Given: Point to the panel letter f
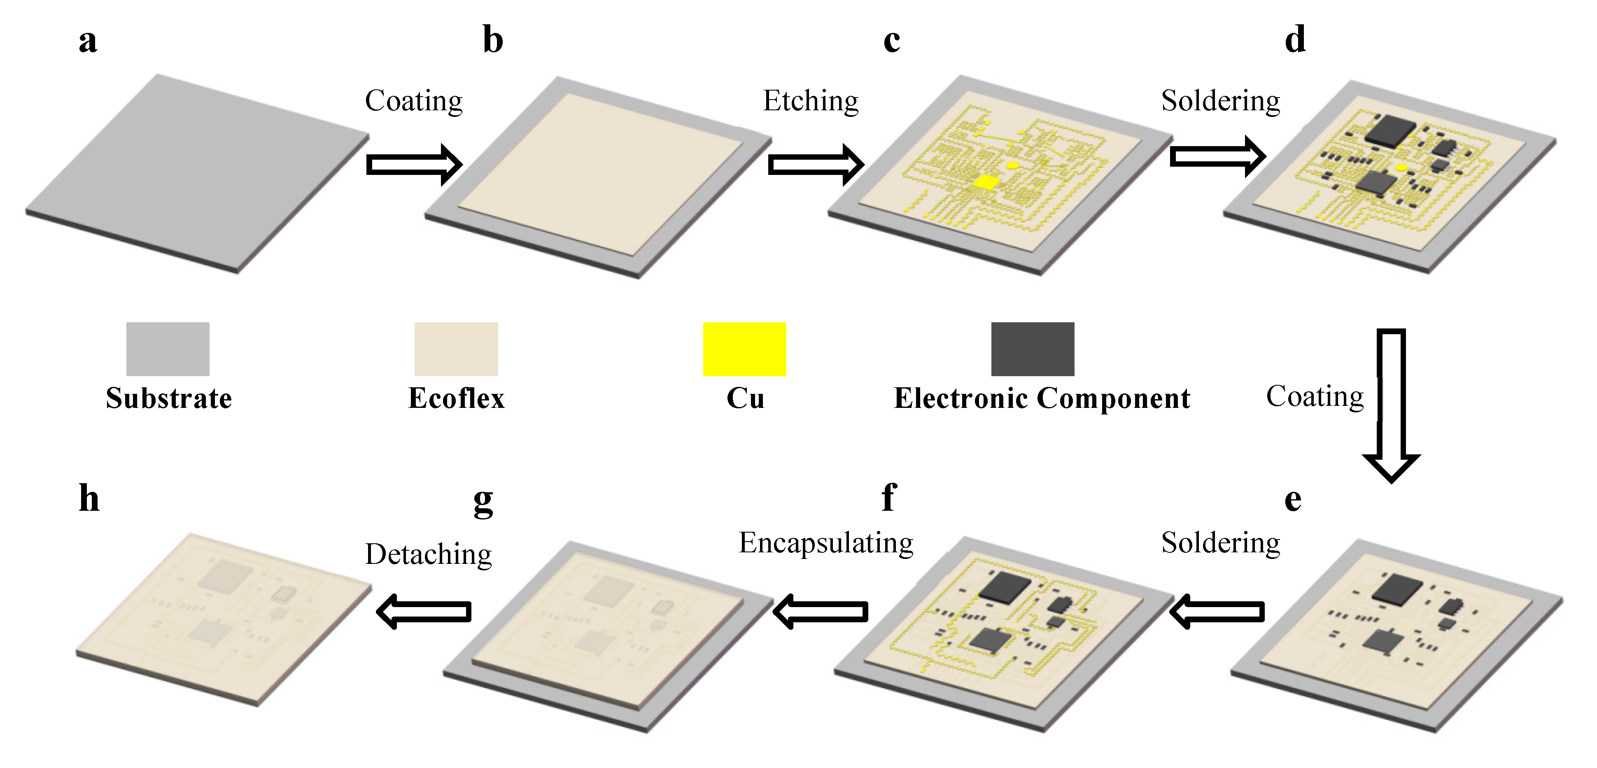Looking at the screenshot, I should click(x=888, y=497).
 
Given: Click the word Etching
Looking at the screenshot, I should click(x=810, y=101).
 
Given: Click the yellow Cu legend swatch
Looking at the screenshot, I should click(x=744, y=349).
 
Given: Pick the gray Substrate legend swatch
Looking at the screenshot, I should click(x=168, y=349).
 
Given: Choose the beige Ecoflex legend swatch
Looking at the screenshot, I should click(x=456, y=349).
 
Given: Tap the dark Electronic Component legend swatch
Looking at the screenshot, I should click(x=1032, y=349).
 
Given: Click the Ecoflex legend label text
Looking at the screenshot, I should click(x=456, y=398).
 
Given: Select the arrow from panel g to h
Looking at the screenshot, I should click(x=424, y=611).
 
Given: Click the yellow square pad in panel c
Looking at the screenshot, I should click(x=986, y=182).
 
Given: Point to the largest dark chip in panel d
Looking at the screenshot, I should click(x=1391, y=131).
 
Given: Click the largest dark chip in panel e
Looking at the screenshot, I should click(x=1397, y=589).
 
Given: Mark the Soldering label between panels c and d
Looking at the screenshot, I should click(x=1220, y=101).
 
